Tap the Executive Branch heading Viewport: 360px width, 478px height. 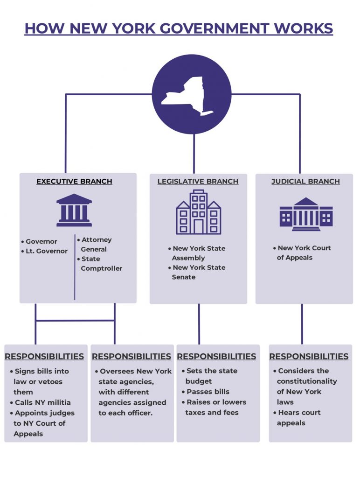(x=74, y=182)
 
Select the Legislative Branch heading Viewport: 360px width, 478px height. (x=198, y=182)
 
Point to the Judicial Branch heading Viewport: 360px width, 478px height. (x=305, y=182)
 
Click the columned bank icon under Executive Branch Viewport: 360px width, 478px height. (x=74, y=211)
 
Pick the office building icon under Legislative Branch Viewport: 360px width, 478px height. (x=198, y=212)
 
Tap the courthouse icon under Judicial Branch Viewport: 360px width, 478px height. (x=306, y=214)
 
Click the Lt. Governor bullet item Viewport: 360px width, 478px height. (x=46, y=251)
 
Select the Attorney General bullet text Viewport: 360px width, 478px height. (x=96, y=245)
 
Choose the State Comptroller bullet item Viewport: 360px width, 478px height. (x=101, y=264)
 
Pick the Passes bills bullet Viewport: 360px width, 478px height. (x=208, y=392)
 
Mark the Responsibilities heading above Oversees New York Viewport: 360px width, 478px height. (x=132, y=357)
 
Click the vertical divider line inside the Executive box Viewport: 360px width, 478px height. (x=75, y=266)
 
